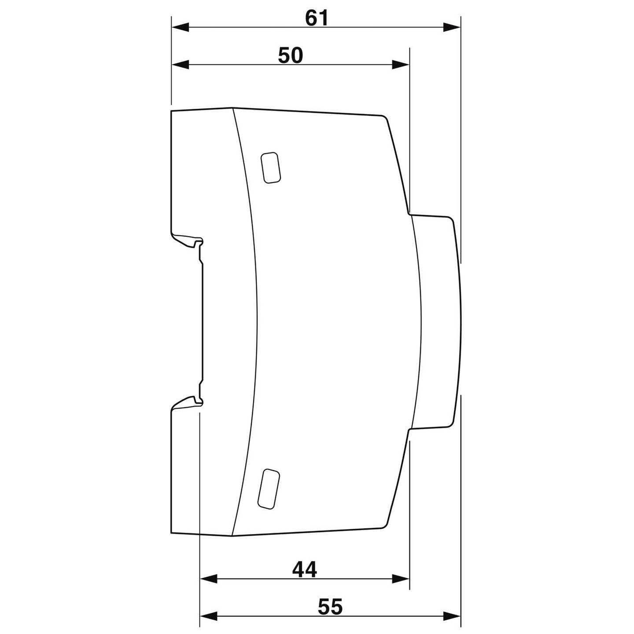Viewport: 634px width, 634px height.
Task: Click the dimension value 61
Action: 317,18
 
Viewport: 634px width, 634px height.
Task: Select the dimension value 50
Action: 291,56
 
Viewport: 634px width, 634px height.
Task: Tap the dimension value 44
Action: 305,570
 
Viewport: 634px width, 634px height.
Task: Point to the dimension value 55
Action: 330,607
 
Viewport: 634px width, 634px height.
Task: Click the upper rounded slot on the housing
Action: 271,167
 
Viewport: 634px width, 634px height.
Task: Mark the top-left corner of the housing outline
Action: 171,111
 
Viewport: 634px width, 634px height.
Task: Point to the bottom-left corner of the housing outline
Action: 171,532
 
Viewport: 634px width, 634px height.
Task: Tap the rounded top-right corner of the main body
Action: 384,118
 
